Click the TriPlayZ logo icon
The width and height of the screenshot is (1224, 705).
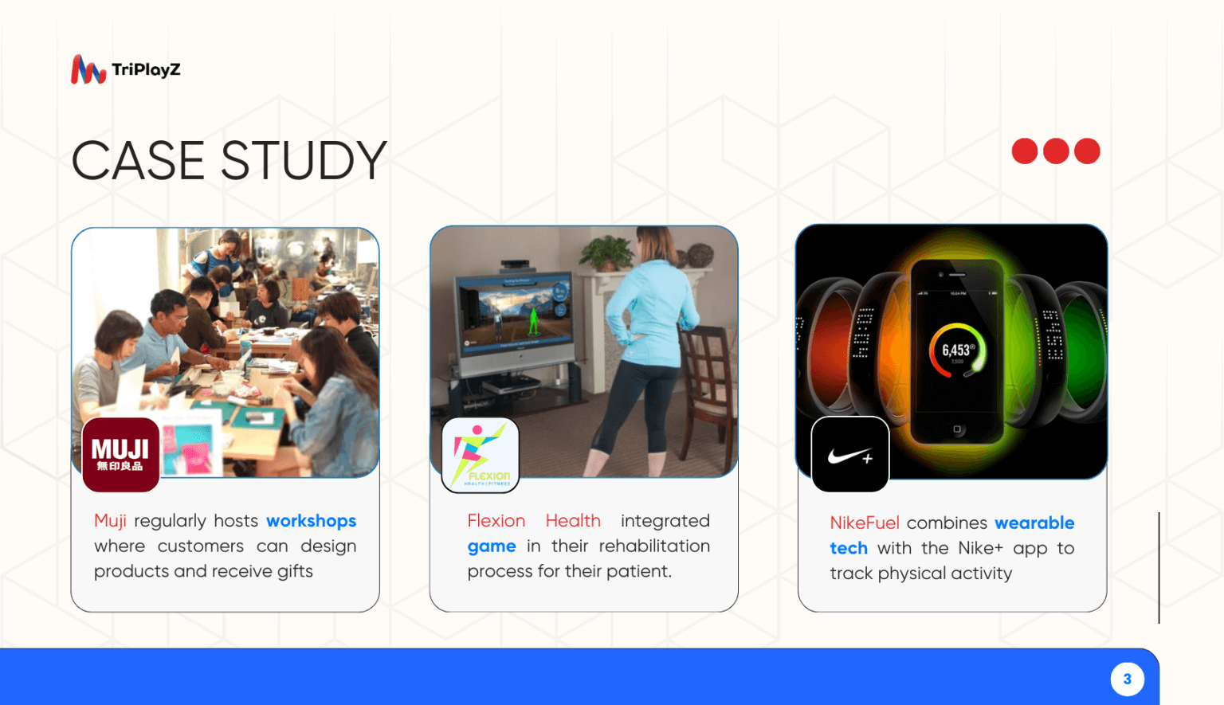[88, 70]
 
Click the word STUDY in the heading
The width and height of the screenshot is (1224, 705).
[303, 161]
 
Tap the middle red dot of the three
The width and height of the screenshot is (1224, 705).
[1056, 151]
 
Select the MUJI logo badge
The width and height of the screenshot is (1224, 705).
[120, 454]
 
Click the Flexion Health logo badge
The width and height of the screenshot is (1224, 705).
[481, 455]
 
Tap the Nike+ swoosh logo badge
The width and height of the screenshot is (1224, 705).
[849, 455]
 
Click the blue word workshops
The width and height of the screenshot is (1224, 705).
[311, 521]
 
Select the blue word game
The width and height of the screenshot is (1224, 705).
[491, 546]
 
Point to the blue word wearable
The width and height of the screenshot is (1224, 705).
[1034, 523]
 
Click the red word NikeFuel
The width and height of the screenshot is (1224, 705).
[864, 523]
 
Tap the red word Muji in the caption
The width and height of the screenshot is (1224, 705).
[110, 521]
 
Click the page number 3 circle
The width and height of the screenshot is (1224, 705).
[1127, 680]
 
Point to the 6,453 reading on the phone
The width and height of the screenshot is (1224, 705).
[956, 351]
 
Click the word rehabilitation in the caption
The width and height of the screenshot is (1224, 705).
[653, 546]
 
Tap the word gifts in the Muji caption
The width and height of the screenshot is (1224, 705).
[295, 572]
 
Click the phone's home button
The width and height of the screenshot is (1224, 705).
[957, 429]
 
